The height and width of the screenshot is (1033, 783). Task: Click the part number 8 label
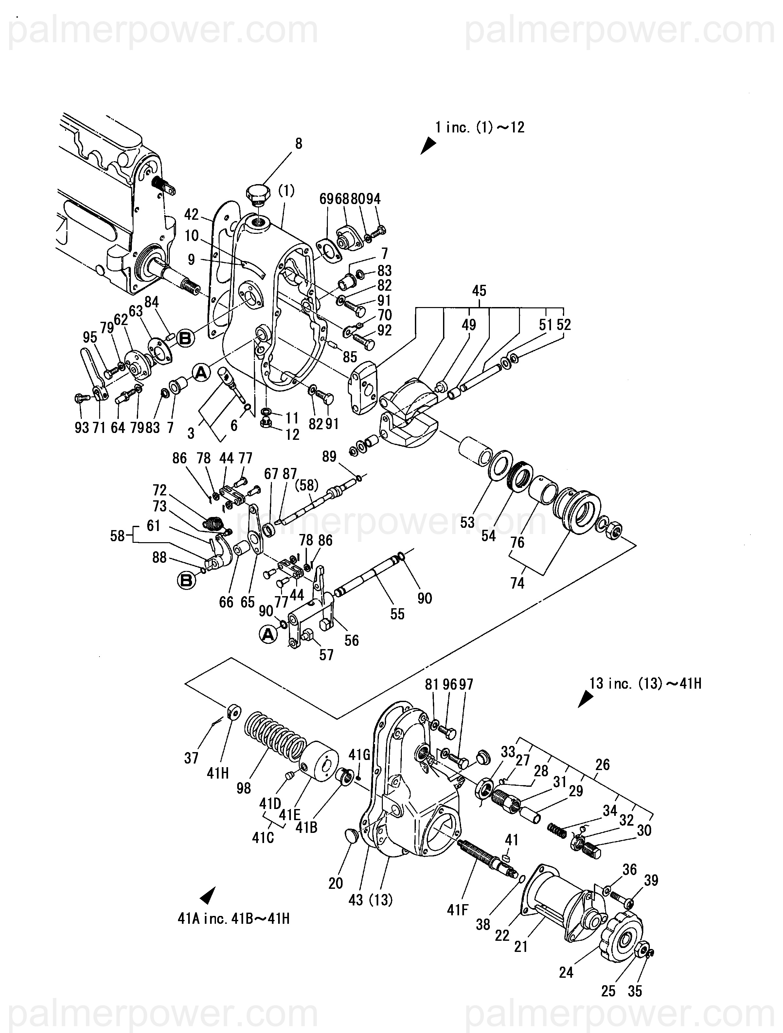[x=298, y=143]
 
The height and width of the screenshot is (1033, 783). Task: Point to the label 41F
[x=457, y=909]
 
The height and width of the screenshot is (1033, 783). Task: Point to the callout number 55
[x=397, y=614]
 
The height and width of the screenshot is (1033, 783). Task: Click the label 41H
[x=218, y=773]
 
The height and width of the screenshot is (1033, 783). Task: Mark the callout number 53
[x=467, y=523]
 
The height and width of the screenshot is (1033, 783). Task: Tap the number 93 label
[x=82, y=427]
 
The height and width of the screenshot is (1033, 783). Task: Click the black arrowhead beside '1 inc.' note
[x=428, y=146]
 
